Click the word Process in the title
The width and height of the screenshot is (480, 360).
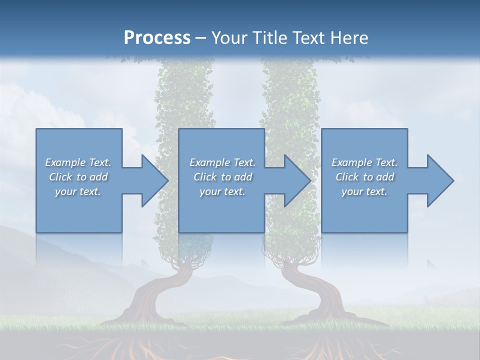coord(157,37)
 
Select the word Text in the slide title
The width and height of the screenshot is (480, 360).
coord(308,37)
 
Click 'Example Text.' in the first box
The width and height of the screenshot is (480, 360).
coord(78,162)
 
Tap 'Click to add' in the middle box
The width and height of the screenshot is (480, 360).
coord(222,177)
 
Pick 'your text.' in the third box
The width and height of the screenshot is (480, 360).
coord(364,191)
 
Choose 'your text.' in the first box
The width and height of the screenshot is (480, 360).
coord(78,191)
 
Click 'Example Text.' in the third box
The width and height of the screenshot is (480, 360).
coord(364,162)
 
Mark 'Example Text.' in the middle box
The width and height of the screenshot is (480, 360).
coord(222,162)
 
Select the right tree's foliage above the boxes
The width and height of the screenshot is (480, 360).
coord(290,95)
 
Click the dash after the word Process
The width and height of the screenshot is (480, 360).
coord(200,38)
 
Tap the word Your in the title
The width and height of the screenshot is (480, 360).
coord(229,37)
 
